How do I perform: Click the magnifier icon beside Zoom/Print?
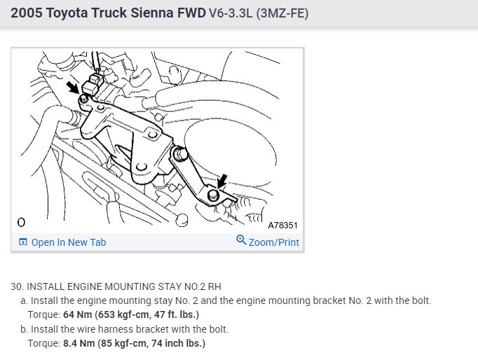[241, 240]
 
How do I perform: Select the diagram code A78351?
[282, 226]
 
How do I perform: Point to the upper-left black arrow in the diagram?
[73, 87]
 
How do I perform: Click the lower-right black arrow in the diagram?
[222, 181]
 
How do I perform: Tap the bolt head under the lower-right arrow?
[213, 195]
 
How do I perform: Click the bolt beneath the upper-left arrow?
[83, 99]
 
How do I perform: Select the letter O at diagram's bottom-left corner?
[21, 223]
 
